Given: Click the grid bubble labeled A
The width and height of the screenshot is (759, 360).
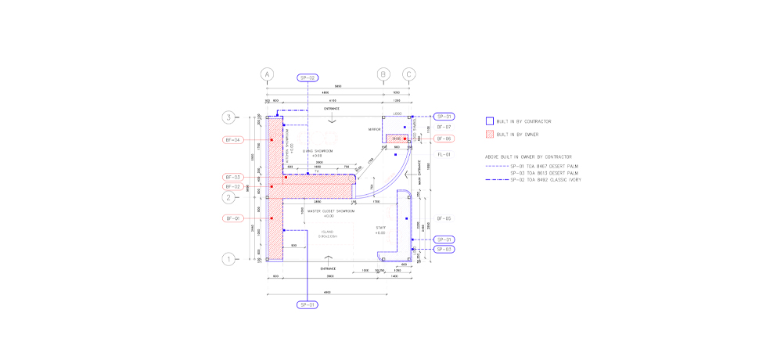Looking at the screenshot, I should click(x=268, y=75).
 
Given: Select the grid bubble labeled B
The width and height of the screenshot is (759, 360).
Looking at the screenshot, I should click(x=383, y=75).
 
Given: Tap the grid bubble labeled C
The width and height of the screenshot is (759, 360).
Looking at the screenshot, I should click(x=409, y=75).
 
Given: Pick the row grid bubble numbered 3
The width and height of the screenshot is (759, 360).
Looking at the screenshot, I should click(x=229, y=117).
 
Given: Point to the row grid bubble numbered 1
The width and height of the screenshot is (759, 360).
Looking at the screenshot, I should click(x=229, y=259).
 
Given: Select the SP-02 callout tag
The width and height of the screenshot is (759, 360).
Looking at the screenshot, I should click(x=308, y=78).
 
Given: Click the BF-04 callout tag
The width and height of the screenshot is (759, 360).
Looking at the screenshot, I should click(x=232, y=140).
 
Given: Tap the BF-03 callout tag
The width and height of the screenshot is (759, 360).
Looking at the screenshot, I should click(x=232, y=178).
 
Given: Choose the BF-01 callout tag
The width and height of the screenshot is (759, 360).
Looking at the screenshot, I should click(x=232, y=218).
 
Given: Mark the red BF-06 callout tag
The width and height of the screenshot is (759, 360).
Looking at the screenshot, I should click(x=444, y=139).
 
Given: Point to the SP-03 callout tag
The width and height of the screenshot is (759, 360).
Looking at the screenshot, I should click(x=444, y=249).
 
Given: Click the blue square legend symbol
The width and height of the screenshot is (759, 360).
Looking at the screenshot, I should click(x=490, y=121).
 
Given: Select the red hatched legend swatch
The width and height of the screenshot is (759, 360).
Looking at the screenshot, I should click(x=490, y=134).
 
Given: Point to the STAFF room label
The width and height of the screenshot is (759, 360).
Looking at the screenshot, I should click(x=380, y=229).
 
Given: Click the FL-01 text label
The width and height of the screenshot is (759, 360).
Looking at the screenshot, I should click(x=444, y=155).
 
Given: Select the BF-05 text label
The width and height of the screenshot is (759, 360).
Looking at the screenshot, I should click(x=444, y=218).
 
